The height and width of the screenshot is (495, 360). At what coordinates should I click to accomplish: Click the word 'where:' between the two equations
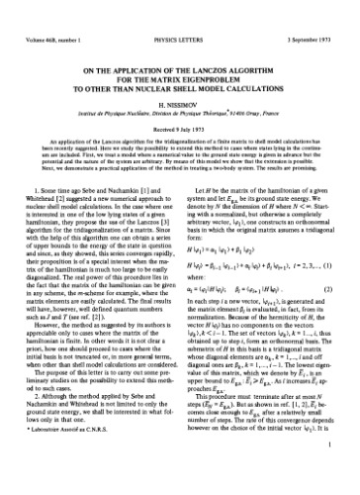(199, 312)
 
